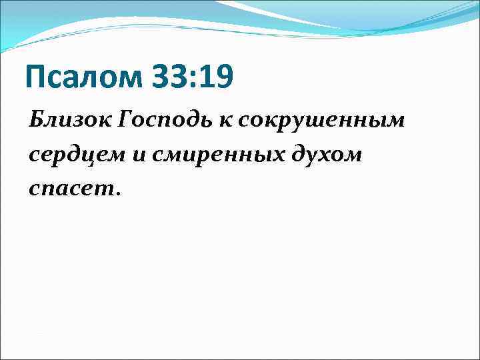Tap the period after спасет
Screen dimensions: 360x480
[x=118, y=194]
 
